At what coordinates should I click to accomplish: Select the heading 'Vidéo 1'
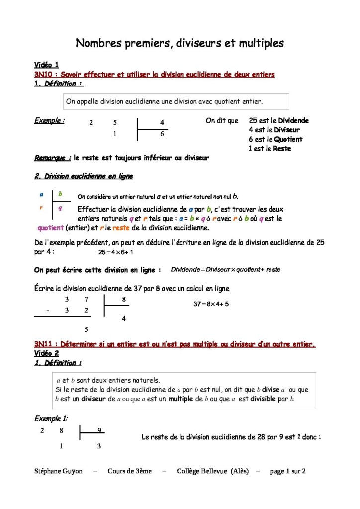(46, 65)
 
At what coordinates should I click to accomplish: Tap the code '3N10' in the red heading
(44, 74)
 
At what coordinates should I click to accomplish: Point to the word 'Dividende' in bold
(293, 120)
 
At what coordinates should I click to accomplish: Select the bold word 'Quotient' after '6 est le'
(286, 139)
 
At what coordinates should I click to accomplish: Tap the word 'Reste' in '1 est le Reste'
(282, 149)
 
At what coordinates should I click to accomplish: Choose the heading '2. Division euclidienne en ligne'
(84, 176)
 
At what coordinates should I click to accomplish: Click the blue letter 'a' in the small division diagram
(41, 194)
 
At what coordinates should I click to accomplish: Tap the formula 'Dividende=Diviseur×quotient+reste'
(225, 270)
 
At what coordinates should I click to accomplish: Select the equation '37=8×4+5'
(211, 304)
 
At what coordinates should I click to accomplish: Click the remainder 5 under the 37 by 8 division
(86, 329)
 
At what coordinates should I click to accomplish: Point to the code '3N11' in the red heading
(44, 344)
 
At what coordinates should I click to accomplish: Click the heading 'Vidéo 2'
(46, 353)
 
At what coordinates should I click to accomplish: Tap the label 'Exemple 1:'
(51, 418)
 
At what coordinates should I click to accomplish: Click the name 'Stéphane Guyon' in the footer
(58, 471)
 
